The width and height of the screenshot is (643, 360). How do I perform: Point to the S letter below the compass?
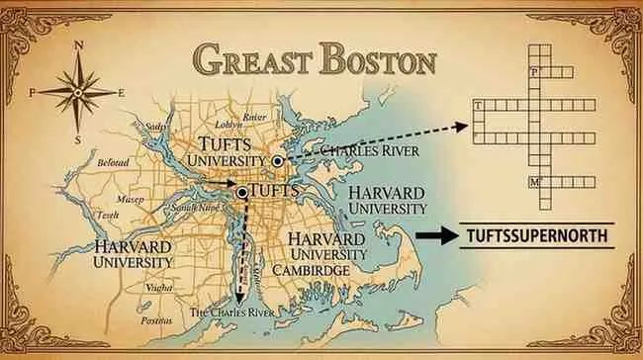click(x=77, y=139)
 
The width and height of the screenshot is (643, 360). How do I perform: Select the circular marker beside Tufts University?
click(x=278, y=159)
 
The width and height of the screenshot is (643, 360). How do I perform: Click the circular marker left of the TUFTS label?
click(x=242, y=191)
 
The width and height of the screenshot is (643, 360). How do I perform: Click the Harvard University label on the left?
click(x=133, y=253)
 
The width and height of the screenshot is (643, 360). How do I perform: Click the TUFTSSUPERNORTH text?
click(x=535, y=237)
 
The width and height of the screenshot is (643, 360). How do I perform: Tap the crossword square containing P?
click(x=536, y=73)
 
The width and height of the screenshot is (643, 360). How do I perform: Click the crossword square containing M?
click(x=536, y=182)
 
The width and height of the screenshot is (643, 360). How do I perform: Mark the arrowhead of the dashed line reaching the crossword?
click(x=463, y=126)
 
